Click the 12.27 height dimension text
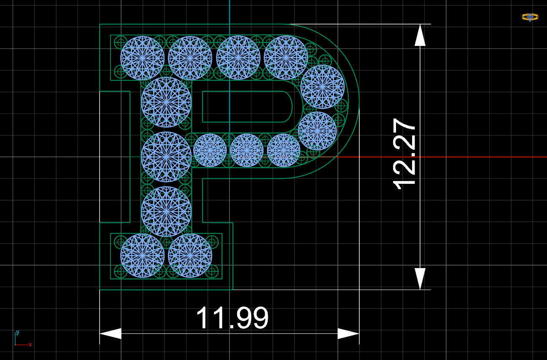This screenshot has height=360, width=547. click(x=404, y=154)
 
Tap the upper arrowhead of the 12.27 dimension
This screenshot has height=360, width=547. click(x=420, y=35)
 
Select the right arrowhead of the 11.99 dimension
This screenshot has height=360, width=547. click(x=348, y=334)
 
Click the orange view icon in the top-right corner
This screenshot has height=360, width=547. click(x=530, y=17)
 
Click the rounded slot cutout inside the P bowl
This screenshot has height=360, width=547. click(x=247, y=107)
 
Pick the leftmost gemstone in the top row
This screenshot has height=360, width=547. click(x=142, y=58)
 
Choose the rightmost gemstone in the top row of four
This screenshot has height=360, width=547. click(x=286, y=58)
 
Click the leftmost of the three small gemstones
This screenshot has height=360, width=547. click(x=210, y=150)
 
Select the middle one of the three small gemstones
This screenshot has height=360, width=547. click(x=247, y=150)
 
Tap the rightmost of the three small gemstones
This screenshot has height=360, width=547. click(x=283, y=150)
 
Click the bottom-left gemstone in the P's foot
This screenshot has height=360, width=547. click(x=142, y=255)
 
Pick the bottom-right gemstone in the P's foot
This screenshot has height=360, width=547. click(x=190, y=255)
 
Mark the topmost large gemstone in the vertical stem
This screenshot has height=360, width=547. click(x=166, y=102)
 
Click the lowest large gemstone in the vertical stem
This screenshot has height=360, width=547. click(x=166, y=211)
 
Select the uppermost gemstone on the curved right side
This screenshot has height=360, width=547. click(x=322, y=87)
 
